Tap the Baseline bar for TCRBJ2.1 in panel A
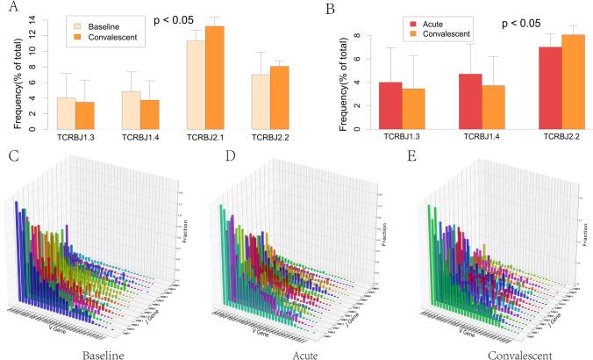pos(196,85)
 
